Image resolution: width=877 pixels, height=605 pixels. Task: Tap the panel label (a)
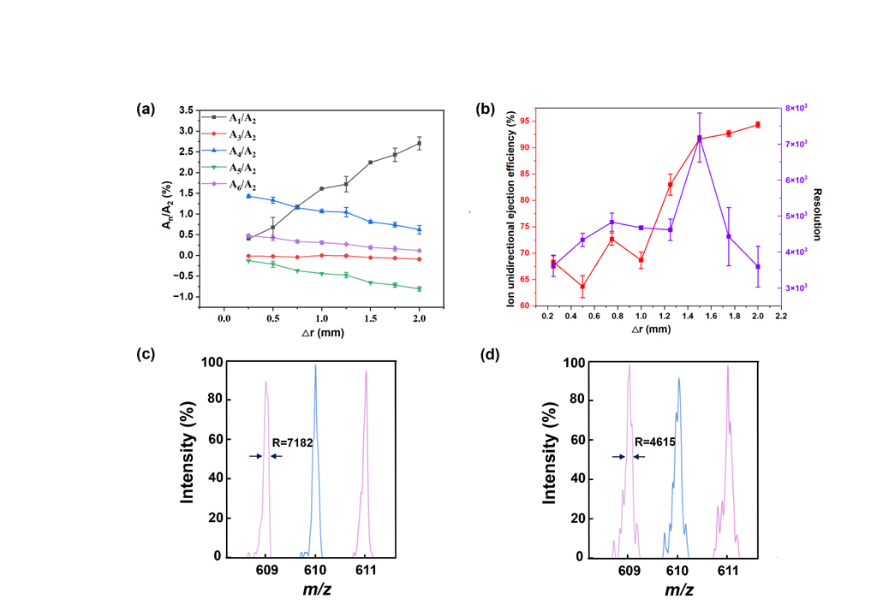point(146,110)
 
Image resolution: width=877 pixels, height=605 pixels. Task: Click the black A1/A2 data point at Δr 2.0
point(420,144)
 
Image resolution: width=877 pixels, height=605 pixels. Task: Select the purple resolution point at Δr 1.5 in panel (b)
point(699,139)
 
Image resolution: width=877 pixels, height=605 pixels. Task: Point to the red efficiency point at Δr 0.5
point(582,287)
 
